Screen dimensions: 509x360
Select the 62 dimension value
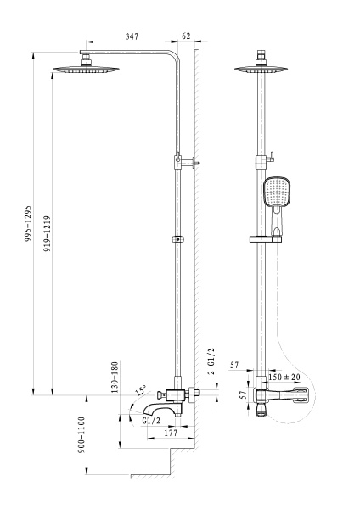click(x=187, y=38)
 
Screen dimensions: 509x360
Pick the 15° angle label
click(x=141, y=393)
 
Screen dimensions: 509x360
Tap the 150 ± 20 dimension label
click(x=284, y=376)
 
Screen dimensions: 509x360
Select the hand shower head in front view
click(x=277, y=196)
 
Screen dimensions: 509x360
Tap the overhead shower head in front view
click(x=262, y=70)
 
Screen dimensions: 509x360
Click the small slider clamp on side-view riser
click(x=177, y=238)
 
